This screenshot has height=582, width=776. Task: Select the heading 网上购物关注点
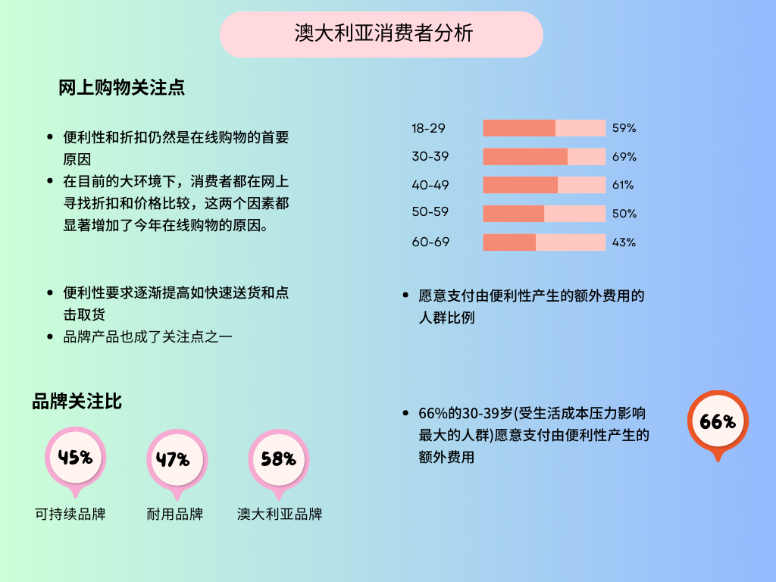point(122,88)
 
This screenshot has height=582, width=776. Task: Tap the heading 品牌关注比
point(77,401)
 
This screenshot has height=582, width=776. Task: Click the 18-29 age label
point(428,128)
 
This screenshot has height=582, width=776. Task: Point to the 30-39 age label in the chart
point(428,157)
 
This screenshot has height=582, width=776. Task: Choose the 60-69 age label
point(430,242)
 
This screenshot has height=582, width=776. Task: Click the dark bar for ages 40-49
point(520,185)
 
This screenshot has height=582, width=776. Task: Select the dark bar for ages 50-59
point(513,214)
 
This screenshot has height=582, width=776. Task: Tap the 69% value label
point(624,157)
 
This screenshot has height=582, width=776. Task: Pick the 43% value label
point(624,242)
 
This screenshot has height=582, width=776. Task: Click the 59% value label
point(624,128)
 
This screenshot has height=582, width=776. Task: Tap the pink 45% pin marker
point(75,458)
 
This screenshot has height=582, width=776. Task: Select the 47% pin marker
point(176,459)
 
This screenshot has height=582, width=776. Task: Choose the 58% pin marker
point(278,459)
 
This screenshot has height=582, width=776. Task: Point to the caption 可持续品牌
point(70,514)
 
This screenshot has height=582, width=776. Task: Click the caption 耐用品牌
point(174,514)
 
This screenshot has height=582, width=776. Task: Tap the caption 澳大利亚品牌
point(280,514)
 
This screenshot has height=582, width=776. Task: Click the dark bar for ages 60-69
point(509,242)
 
